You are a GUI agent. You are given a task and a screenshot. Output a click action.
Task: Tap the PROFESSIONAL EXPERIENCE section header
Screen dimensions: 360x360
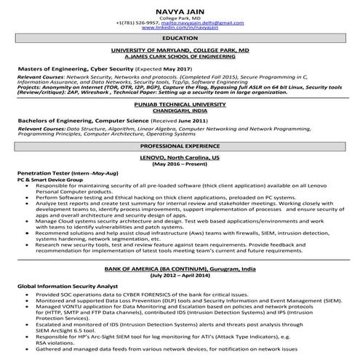(x=180, y=146)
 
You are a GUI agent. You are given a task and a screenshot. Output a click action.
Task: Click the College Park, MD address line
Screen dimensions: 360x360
(x=180, y=17)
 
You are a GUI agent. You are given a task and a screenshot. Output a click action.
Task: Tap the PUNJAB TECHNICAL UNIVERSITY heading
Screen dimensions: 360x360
(x=180, y=104)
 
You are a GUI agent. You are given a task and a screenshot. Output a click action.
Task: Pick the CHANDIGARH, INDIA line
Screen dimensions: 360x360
(x=180, y=110)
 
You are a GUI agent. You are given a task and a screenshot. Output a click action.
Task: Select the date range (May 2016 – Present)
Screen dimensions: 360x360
(x=180, y=164)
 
